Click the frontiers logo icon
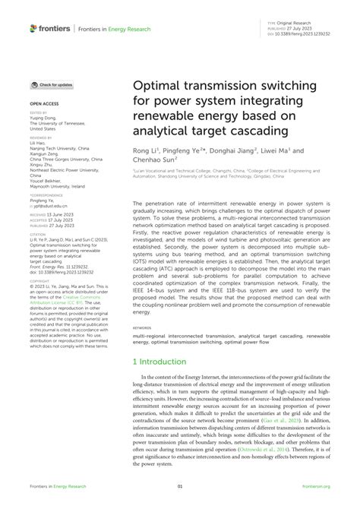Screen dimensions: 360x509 point(33,28)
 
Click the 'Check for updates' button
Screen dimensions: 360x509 point(52,85)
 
